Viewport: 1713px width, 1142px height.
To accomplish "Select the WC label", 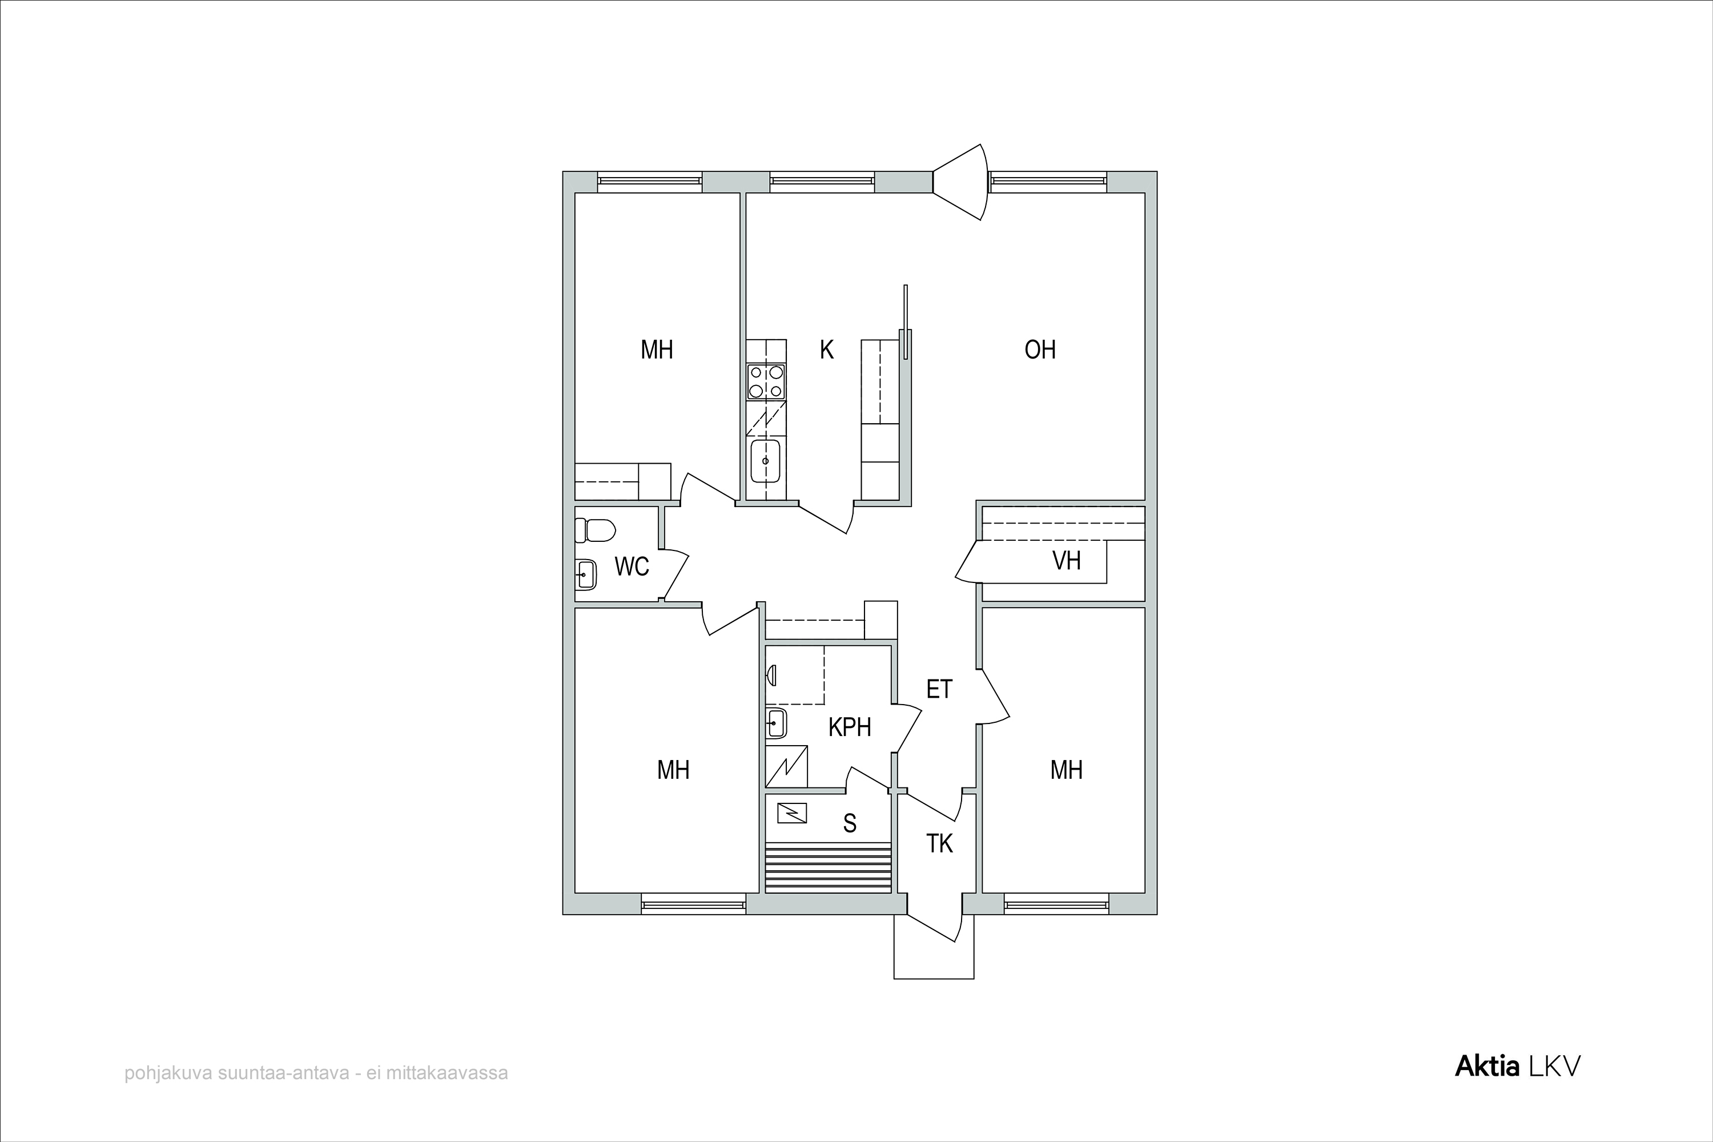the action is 632,566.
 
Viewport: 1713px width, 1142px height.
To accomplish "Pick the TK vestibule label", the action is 939,843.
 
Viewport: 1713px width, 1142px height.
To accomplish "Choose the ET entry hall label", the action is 939,689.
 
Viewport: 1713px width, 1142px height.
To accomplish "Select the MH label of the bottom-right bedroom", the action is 1066,770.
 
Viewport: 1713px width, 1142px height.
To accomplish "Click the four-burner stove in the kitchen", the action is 766,381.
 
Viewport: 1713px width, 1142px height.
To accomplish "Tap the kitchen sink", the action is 766,461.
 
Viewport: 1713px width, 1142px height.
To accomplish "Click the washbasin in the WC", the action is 586,574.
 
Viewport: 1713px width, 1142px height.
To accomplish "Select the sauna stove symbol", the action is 791,813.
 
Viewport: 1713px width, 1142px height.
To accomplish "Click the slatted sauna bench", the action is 828,867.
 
